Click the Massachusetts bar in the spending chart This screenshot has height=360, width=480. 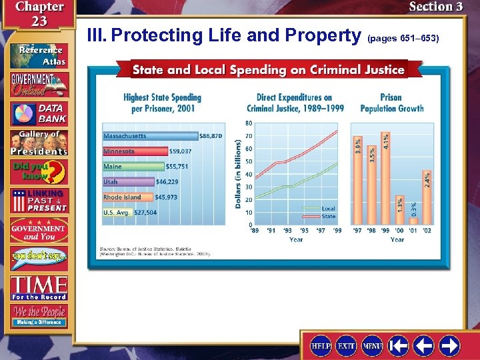[150, 136]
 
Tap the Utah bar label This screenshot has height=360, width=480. [111, 181]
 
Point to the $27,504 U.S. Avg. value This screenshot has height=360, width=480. [146, 213]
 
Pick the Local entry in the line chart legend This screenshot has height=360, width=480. [328, 209]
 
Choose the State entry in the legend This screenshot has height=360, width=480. [328, 216]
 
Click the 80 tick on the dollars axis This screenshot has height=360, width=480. [249, 123]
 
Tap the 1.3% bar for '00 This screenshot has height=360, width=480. [399, 210]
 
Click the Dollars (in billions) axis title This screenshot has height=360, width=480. [238, 173]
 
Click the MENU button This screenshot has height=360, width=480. [372, 346]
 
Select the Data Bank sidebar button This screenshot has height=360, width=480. [38, 113]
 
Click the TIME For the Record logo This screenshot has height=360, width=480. [38, 287]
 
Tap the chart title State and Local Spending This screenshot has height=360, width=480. [268, 69]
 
